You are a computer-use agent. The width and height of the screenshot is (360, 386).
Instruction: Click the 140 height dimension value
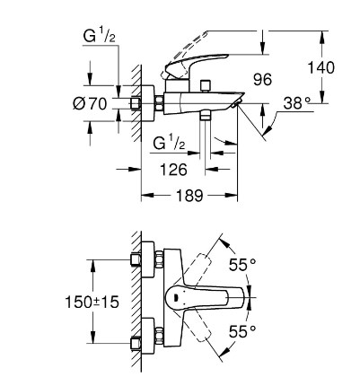coord(321,67)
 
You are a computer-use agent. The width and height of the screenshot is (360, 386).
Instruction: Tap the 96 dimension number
coord(262,80)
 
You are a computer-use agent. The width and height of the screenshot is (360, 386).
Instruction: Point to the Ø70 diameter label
coord(90,104)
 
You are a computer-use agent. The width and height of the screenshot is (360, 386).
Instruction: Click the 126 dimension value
coord(173,170)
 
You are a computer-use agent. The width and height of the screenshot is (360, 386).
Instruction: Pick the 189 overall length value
coord(189,196)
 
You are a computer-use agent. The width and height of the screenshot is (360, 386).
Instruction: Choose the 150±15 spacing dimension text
coord(92,302)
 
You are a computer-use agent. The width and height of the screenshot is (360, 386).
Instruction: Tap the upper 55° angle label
coord(242,265)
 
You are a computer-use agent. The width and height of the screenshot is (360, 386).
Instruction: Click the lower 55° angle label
coord(242,331)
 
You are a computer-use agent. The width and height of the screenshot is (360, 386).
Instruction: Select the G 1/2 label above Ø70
coord(99,37)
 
